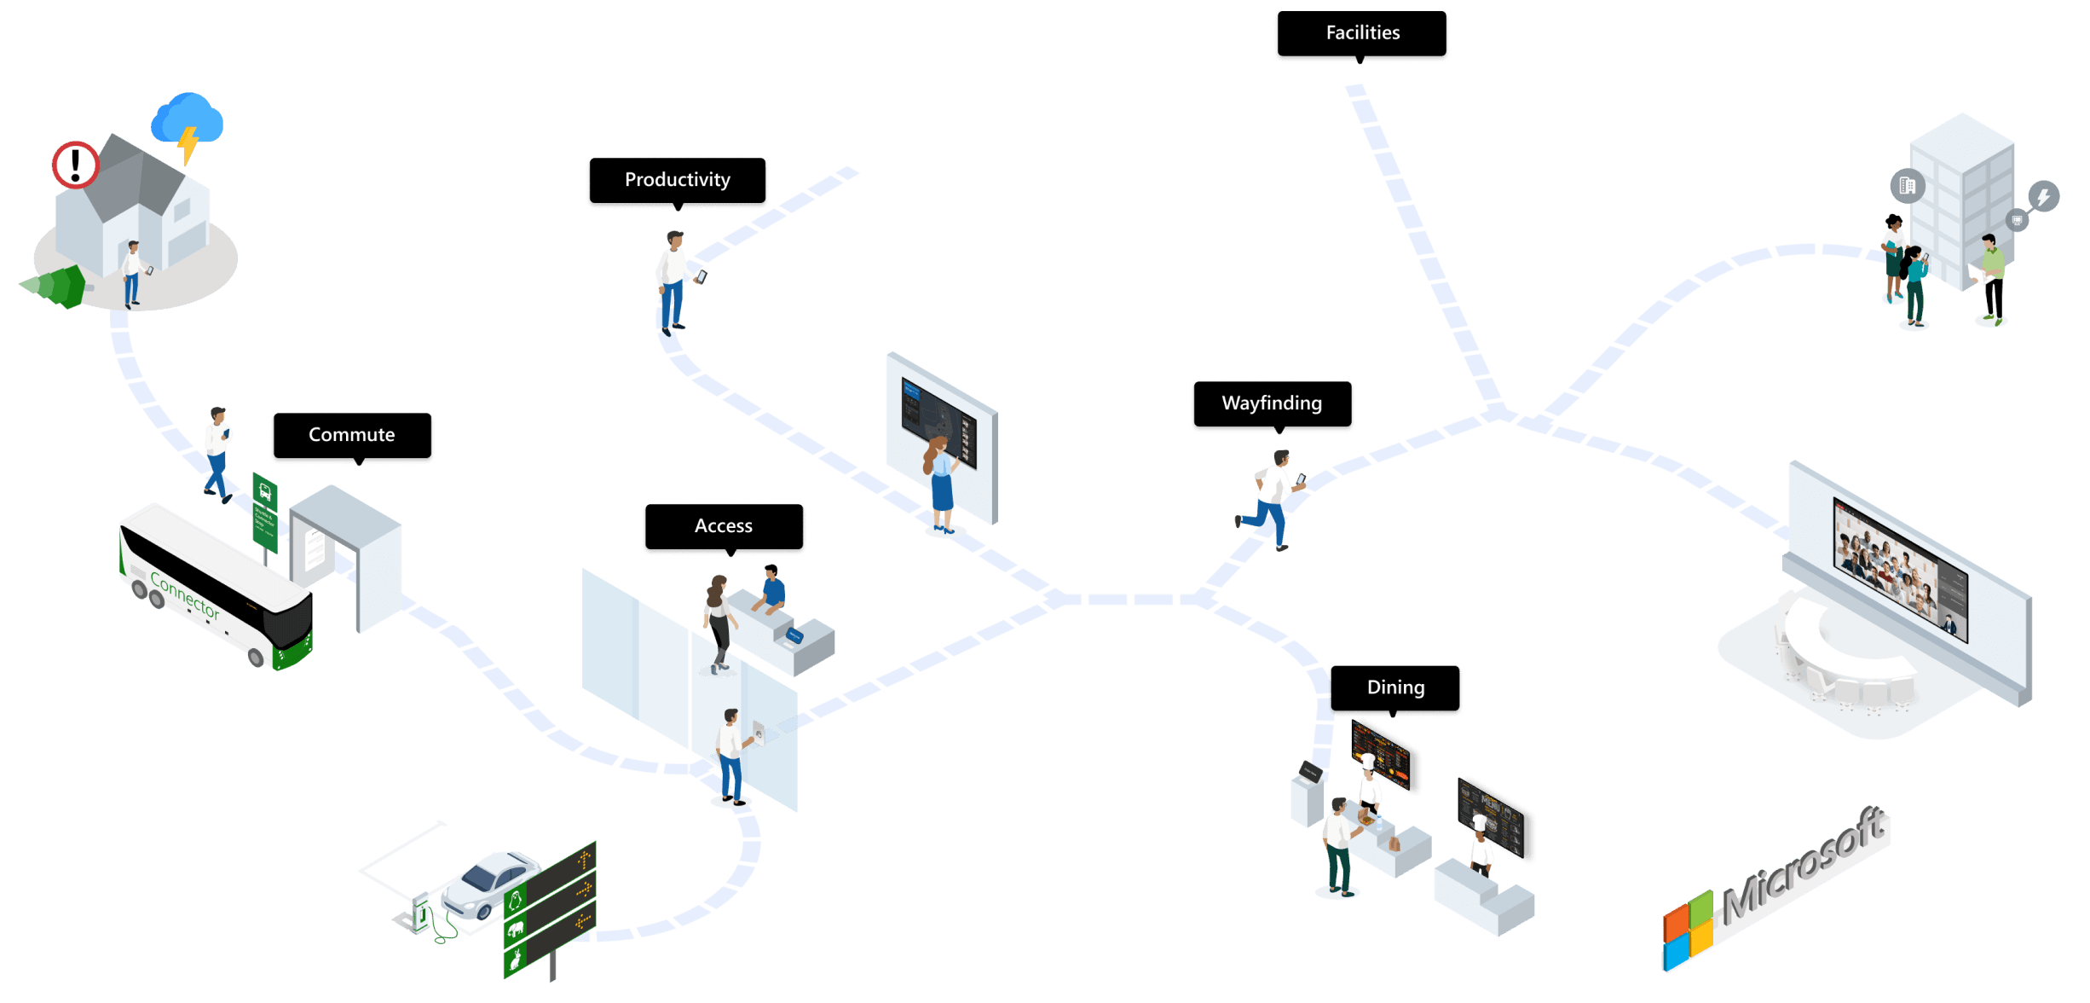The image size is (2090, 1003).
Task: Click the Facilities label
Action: click(x=1362, y=33)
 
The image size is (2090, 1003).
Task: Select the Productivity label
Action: click(x=677, y=180)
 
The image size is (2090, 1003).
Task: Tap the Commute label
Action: click(x=351, y=435)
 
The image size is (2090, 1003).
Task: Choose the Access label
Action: click(x=723, y=526)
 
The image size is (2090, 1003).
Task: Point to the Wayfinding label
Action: click(x=1271, y=403)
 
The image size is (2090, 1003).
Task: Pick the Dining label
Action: click(x=1395, y=687)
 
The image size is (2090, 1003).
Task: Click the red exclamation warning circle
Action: click(x=76, y=165)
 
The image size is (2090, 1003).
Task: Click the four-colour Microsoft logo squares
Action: click(x=1687, y=931)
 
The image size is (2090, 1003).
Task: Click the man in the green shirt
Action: click(x=1992, y=278)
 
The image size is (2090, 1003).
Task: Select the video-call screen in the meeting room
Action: click(x=1900, y=567)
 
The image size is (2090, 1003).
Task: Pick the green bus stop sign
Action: click(x=265, y=512)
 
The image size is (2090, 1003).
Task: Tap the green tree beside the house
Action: click(x=56, y=286)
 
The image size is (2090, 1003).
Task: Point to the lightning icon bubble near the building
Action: click(x=2043, y=197)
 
